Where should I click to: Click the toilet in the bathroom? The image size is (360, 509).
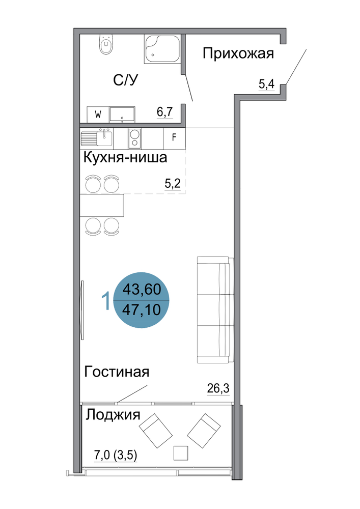106,44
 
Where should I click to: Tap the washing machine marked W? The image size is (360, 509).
98,114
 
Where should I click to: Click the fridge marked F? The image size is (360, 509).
174,138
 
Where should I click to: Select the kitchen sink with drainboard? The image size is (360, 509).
97,138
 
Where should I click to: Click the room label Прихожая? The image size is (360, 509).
238,53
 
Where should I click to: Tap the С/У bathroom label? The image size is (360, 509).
126,80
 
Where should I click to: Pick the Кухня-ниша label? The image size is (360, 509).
125,157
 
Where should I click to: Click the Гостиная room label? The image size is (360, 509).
117,372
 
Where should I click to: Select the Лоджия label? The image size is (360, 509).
113,414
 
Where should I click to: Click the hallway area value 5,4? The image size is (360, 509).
266,84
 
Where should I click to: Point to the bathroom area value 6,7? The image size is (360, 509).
165,112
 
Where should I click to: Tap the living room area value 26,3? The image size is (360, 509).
218,388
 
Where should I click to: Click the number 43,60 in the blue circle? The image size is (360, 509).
142,289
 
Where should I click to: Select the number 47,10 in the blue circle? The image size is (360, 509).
142,310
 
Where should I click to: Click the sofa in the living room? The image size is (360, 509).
215,309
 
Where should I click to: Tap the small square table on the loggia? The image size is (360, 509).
181,453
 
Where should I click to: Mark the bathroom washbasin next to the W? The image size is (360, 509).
122,114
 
